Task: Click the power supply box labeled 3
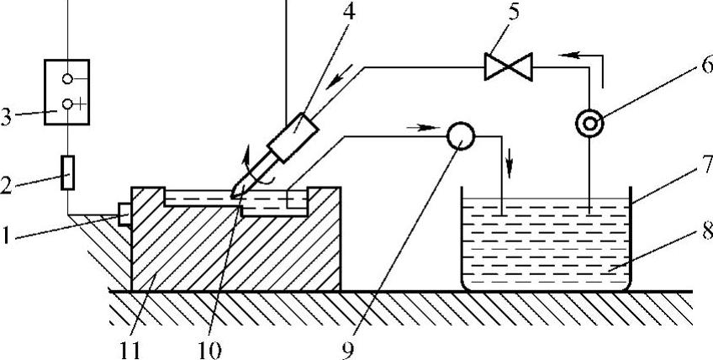pyautogui.click(x=66, y=92)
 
